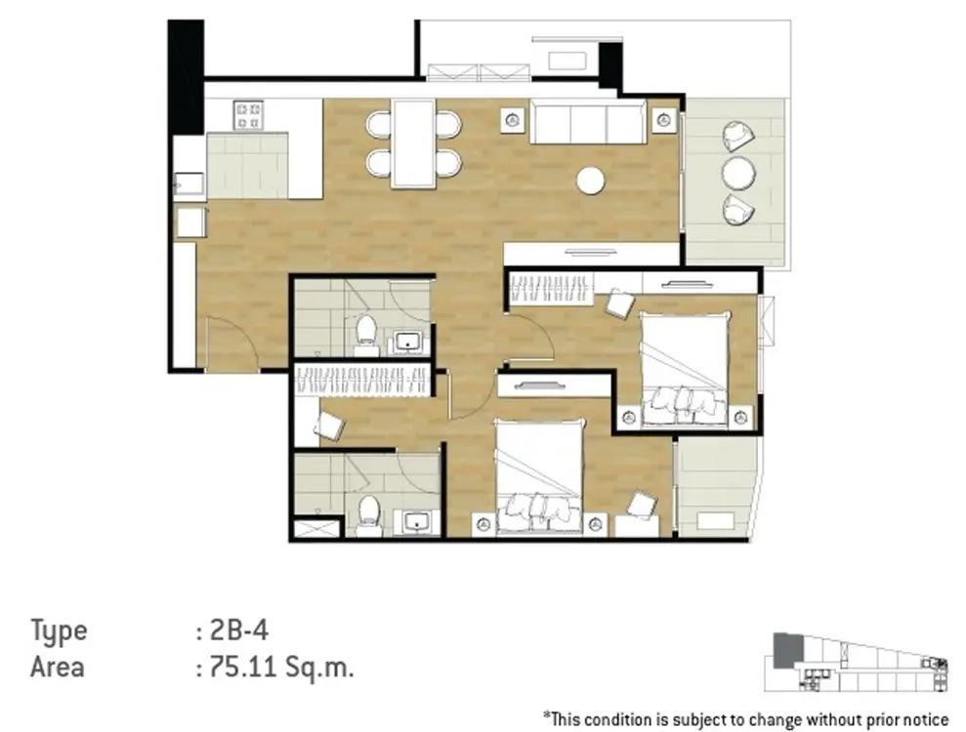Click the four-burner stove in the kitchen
point(248,115)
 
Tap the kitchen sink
point(189,183)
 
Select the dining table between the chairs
point(413,142)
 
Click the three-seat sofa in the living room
point(588,121)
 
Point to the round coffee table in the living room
point(590,181)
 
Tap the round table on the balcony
point(738,173)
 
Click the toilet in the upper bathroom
point(366,333)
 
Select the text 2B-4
point(239,630)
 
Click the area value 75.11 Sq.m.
point(282,667)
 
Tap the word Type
point(60,632)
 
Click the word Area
point(58,667)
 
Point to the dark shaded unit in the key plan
point(788,650)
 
